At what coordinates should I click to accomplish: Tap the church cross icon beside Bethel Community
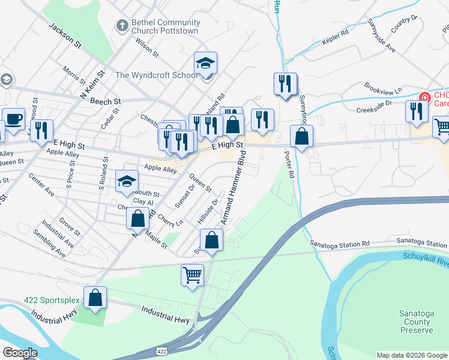point(122,26)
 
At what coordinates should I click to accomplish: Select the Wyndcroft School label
point(156,75)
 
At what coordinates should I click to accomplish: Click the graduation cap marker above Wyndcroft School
point(205,64)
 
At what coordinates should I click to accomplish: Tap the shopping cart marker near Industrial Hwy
point(193,276)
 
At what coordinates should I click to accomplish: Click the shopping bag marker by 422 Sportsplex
point(95,298)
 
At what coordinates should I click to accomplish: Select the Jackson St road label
point(65,36)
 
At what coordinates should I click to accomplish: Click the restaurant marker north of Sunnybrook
point(285,85)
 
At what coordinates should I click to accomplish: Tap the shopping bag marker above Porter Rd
point(301,137)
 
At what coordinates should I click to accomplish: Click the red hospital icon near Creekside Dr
point(425,97)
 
